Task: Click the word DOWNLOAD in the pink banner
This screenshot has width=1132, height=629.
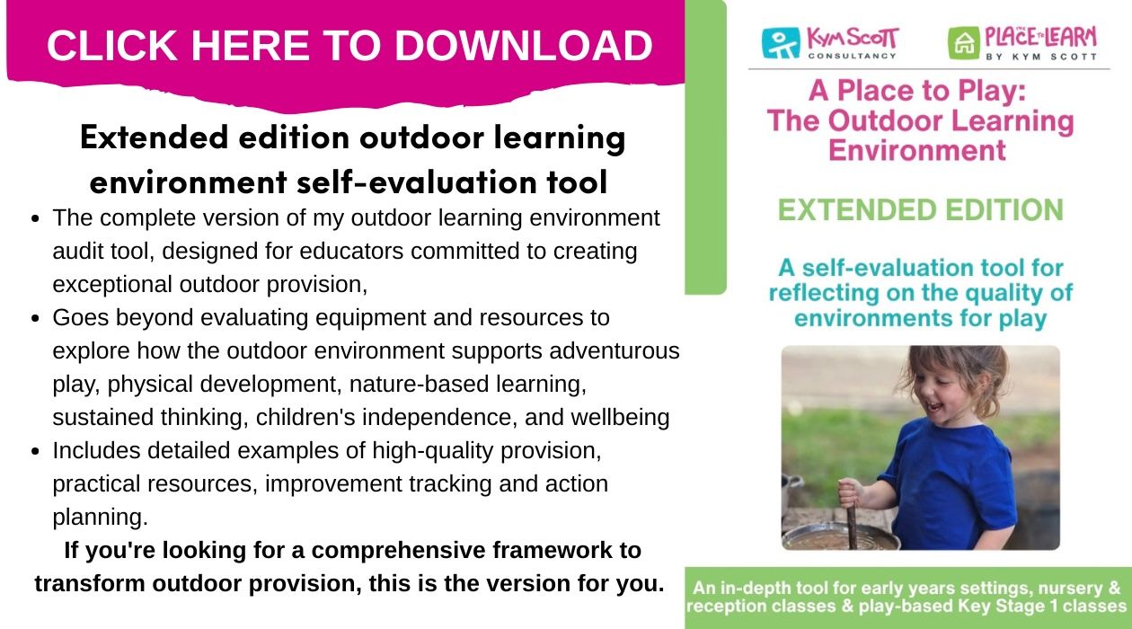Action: coord(524,46)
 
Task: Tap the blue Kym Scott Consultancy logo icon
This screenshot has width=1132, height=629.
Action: coord(781,42)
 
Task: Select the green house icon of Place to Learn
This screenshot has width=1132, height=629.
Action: coord(964,43)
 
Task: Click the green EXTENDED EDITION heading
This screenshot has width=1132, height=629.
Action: coord(920,210)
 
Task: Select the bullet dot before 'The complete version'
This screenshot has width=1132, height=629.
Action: coord(35,218)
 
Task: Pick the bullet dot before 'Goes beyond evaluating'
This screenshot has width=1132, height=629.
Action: coord(35,318)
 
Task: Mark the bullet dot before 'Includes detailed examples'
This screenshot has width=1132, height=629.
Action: coord(35,451)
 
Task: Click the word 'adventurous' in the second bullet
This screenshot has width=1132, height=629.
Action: coord(614,351)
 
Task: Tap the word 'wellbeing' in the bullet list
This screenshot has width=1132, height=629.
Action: coord(620,418)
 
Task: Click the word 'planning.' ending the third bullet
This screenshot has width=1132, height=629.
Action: coord(100,518)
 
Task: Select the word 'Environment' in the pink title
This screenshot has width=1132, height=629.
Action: coord(917,151)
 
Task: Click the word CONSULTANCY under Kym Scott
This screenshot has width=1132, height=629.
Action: coord(852,56)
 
